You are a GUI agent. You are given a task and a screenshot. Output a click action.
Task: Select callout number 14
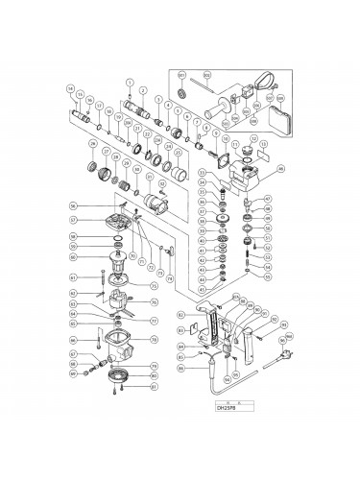click(71, 89)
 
